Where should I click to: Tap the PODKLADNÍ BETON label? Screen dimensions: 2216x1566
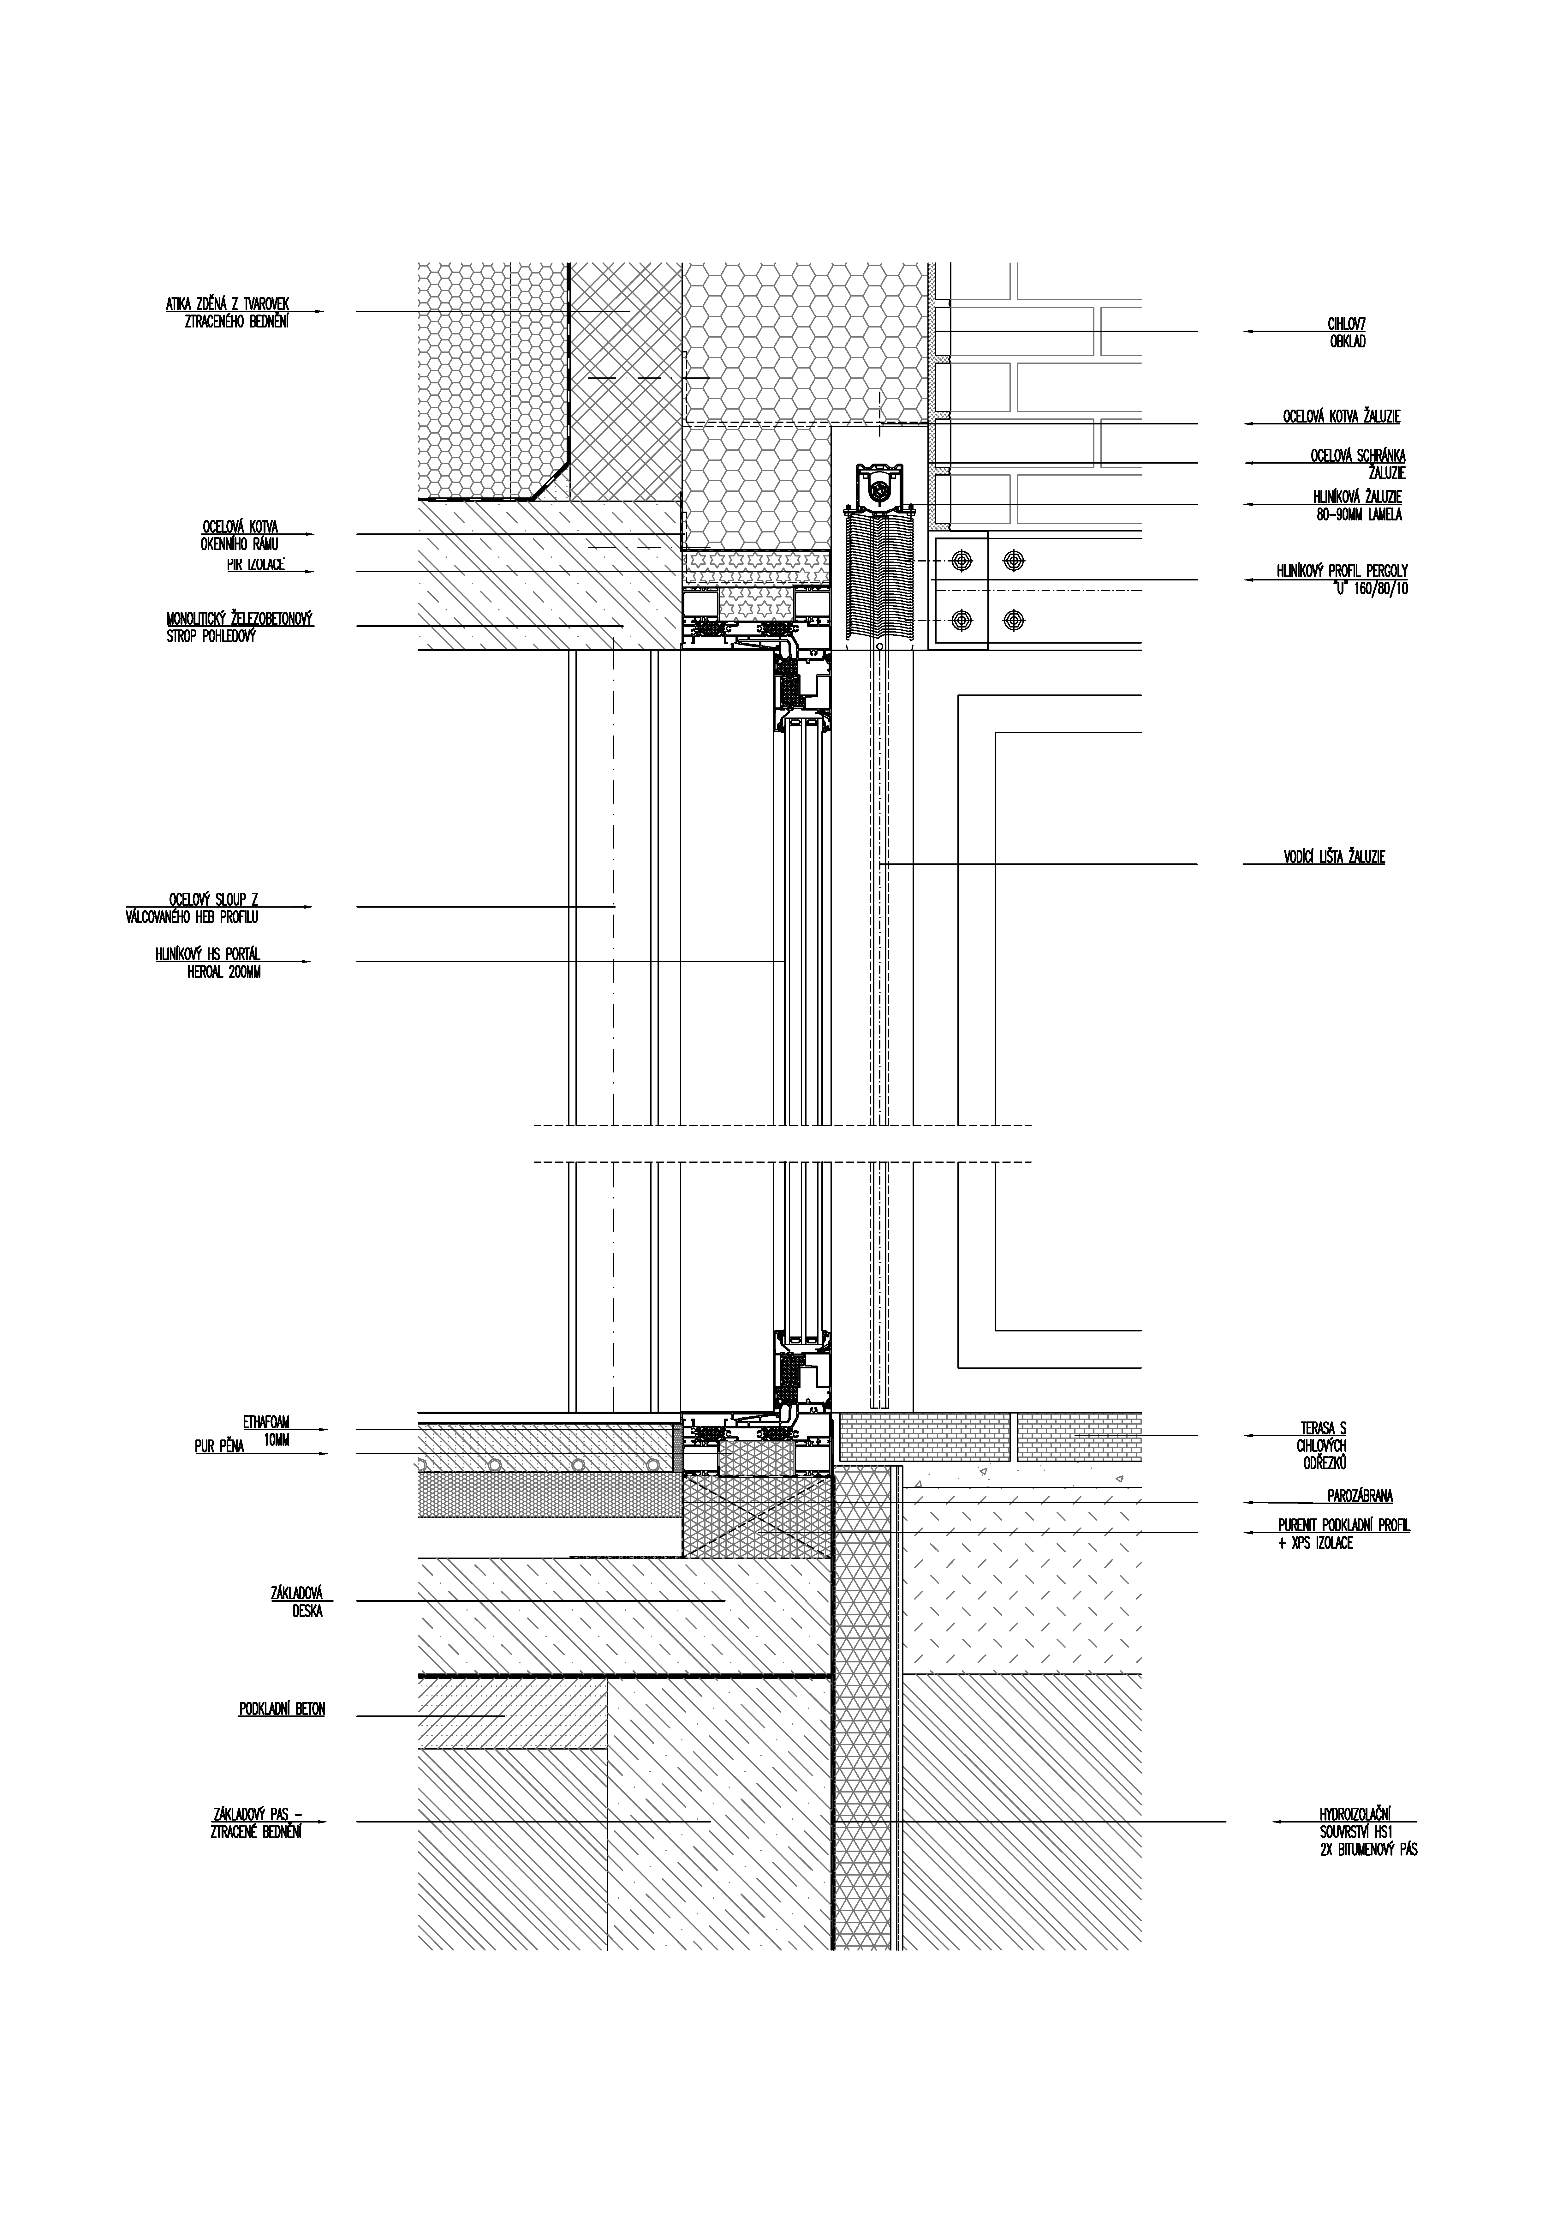pyautogui.click(x=282, y=1709)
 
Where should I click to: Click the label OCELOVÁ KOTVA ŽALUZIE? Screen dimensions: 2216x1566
pyautogui.click(x=1341, y=417)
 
